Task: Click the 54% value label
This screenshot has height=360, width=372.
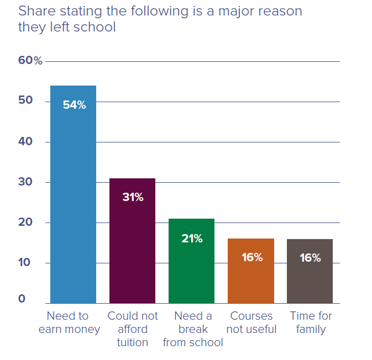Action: coord(74,105)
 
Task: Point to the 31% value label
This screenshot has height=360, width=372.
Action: coord(133,197)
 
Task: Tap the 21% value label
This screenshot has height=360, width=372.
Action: coord(192,239)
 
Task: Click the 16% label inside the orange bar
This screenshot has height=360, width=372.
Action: coord(252,257)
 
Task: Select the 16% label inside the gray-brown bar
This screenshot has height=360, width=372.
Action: coord(310,257)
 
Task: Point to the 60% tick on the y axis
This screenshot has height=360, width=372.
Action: coord(30,61)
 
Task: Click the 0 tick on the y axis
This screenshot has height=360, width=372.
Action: coord(22,299)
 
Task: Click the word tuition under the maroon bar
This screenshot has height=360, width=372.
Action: coord(133,342)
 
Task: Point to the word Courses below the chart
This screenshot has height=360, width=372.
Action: coord(252,316)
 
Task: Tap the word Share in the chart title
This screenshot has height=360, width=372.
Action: coord(34,11)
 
